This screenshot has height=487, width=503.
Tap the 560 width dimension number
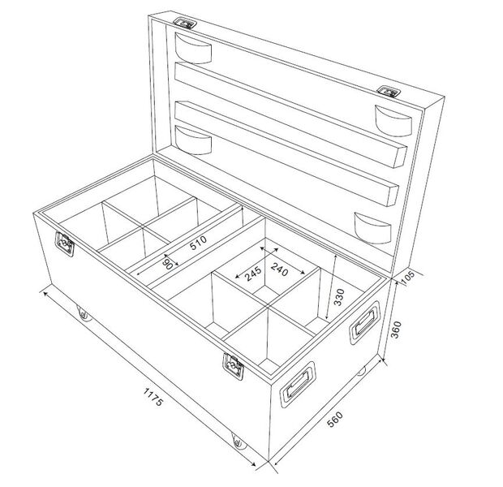[333, 420]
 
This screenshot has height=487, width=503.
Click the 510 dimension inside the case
[197, 245]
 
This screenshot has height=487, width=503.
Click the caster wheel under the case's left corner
[83, 312]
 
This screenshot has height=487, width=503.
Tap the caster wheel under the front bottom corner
[237, 443]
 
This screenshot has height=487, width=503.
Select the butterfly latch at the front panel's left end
[64, 243]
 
